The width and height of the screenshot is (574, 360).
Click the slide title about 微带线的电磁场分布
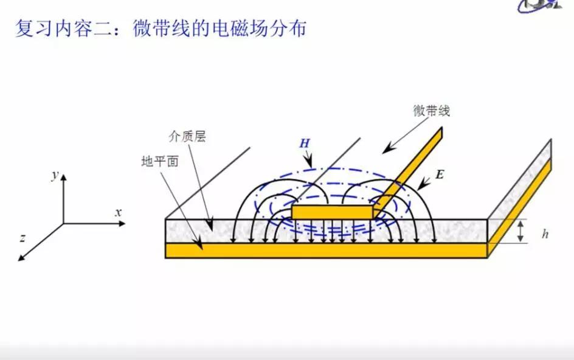(x=161, y=29)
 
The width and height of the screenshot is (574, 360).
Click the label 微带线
(x=431, y=111)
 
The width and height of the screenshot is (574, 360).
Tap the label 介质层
(x=187, y=136)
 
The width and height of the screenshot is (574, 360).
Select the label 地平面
(x=160, y=161)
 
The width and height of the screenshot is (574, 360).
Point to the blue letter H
(x=305, y=143)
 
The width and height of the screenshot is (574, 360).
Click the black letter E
(x=439, y=175)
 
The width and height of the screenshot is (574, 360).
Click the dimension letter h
(x=545, y=234)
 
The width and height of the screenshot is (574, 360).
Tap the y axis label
(x=55, y=175)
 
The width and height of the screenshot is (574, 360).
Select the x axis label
(x=118, y=212)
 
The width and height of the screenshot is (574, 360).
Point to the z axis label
(x=22, y=238)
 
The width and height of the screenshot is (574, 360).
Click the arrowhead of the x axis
(x=122, y=223)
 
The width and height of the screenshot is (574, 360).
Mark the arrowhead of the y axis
(x=64, y=178)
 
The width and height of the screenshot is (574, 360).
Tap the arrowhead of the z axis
(x=21, y=258)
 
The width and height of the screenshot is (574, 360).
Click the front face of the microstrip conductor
(x=332, y=212)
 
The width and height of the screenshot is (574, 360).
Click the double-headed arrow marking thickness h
(x=520, y=231)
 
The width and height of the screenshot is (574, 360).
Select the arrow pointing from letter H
(x=308, y=159)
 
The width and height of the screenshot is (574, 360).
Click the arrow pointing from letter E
(x=424, y=184)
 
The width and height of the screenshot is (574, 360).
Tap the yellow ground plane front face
(x=326, y=251)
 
